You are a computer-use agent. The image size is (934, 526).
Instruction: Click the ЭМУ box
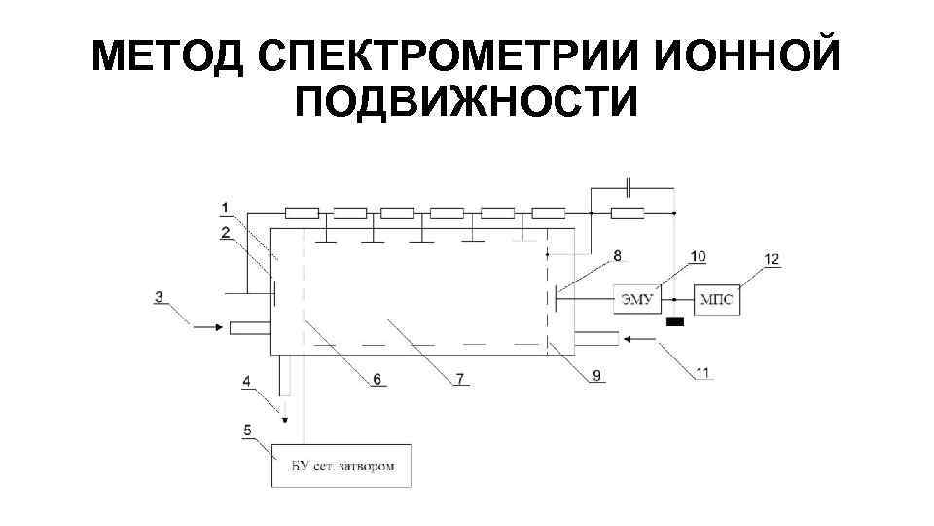[635, 299]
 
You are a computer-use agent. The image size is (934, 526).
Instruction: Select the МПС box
[716, 299]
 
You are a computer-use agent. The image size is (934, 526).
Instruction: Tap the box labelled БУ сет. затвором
[342, 466]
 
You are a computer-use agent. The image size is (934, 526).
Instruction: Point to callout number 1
[225, 207]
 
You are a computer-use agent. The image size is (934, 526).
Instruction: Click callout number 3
[159, 297]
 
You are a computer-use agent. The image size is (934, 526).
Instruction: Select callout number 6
[375, 378]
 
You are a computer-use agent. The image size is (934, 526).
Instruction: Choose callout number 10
[697, 256]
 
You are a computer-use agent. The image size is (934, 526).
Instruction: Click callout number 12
[772, 259]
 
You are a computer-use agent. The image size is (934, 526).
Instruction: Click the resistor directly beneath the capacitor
[628, 213]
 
